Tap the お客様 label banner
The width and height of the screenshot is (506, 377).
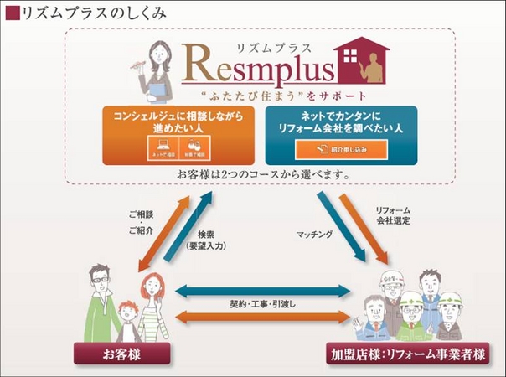[x=122, y=354]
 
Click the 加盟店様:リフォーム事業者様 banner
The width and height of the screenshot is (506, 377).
[x=408, y=354]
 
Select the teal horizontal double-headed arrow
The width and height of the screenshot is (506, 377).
[x=261, y=290]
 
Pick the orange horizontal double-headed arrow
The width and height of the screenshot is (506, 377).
[x=261, y=317]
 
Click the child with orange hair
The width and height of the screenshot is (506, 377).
[x=127, y=314]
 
